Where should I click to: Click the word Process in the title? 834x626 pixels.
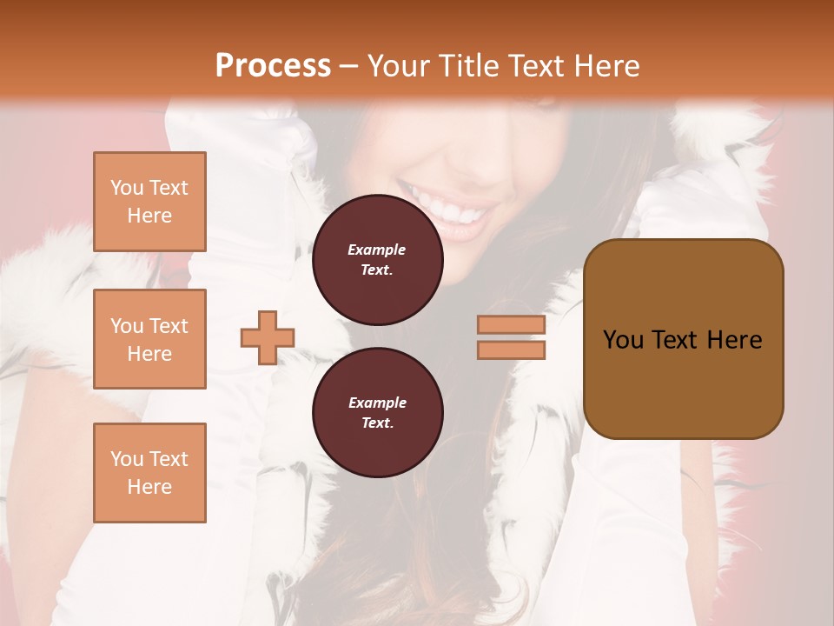click(x=273, y=65)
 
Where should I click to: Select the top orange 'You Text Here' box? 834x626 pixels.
click(x=149, y=202)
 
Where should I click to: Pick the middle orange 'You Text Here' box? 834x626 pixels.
click(x=149, y=339)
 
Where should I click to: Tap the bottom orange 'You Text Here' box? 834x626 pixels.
click(x=149, y=472)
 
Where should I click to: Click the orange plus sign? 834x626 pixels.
click(x=268, y=337)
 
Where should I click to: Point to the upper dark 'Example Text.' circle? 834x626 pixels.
click(x=377, y=260)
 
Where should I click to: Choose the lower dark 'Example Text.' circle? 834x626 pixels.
click(x=377, y=413)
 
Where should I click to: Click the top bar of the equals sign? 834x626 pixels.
click(x=511, y=324)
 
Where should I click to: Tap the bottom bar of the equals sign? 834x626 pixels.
click(x=511, y=350)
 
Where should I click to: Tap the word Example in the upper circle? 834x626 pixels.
click(x=377, y=250)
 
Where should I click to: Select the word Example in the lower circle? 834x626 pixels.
click(x=377, y=403)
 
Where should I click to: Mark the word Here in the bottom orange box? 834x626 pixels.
click(x=149, y=487)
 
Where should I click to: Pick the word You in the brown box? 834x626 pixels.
click(x=623, y=340)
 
